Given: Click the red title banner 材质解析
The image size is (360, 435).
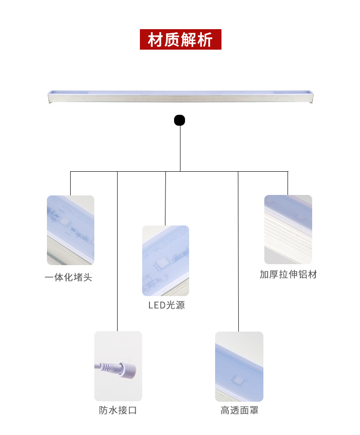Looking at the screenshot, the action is (180, 40).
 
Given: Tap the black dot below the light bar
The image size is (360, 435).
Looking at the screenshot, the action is (180, 120).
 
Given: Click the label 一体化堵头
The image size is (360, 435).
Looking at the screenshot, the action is (68, 277).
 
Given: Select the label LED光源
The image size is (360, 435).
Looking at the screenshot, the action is (166, 305).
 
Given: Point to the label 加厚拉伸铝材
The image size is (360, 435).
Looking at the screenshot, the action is (288, 274).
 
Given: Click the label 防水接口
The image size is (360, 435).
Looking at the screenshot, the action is (118, 410).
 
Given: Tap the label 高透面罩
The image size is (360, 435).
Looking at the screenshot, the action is (239, 410).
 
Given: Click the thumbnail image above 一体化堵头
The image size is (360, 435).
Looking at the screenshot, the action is (71, 230).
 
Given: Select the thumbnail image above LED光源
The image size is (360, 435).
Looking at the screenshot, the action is (165, 261).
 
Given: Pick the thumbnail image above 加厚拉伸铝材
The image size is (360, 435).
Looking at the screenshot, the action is (288, 230).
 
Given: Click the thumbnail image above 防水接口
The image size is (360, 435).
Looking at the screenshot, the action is (118, 366).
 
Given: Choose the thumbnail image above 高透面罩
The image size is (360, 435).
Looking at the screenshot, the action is (239, 366).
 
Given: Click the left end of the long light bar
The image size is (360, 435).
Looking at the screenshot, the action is (50, 97).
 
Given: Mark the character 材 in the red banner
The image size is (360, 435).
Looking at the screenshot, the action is (155, 40).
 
